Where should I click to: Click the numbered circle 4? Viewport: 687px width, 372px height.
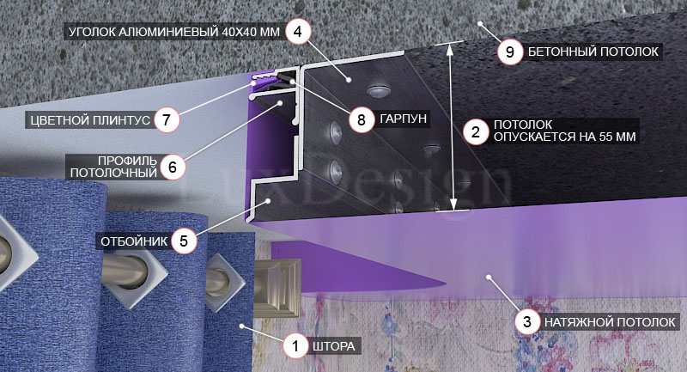(x=298, y=32)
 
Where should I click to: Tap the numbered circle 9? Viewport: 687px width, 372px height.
(x=510, y=52)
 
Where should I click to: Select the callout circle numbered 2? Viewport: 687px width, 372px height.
(x=476, y=131)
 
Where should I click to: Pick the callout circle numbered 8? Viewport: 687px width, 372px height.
(x=362, y=119)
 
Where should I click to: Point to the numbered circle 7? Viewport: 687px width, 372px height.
(x=167, y=120)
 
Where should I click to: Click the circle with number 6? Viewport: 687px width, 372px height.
(x=173, y=167)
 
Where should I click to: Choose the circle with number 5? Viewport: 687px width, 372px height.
(x=184, y=241)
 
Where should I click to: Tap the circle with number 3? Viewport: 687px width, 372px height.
(x=527, y=322)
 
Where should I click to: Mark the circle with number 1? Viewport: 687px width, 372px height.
(x=295, y=346)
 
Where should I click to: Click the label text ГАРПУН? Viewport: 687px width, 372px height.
(x=403, y=119)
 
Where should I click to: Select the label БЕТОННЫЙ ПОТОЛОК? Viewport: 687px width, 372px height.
(x=593, y=52)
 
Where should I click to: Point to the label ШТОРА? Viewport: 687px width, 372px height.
(x=334, y=346)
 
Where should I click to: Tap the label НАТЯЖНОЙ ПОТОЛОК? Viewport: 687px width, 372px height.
(x=610, y=322)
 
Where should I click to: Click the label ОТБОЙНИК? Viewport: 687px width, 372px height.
(x=134, y=241)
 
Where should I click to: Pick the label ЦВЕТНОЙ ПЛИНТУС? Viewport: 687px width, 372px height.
(x=90, y=120)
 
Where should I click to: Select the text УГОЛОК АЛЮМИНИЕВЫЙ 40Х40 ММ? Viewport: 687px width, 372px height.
(x=174, y=32)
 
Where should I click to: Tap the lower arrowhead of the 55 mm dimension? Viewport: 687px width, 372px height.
(x=453, y=204)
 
